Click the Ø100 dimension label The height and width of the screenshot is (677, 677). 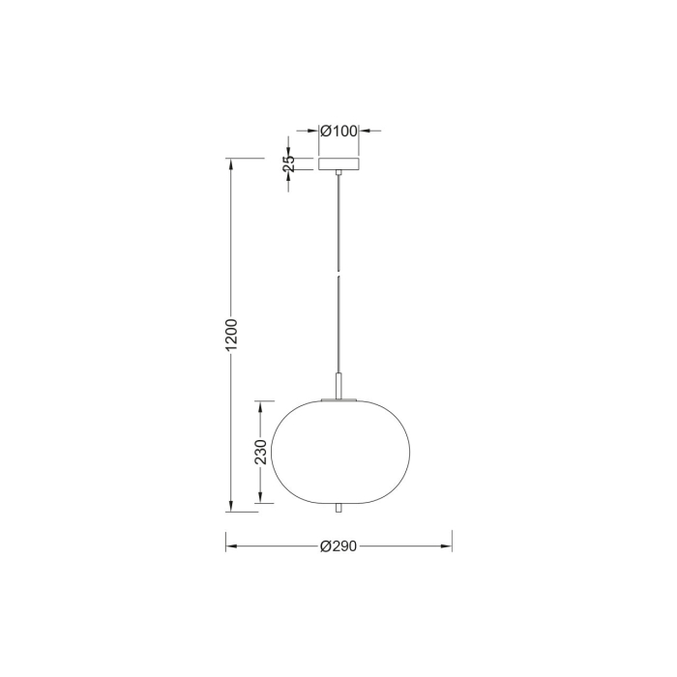[x=338, y=131]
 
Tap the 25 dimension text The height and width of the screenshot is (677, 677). [x=288, y=164]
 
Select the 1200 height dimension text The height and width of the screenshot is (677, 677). [x=231, y=335]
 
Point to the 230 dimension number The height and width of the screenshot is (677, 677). [x=260, y=451]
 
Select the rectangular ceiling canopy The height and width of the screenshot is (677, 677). [x=338, y=164]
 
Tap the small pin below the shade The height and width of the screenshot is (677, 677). [x=338, y=509]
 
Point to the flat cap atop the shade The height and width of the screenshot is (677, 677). [x=338, y=397]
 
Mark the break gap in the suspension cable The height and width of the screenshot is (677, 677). [x=338, y=274]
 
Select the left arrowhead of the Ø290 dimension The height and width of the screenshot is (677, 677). [x=230, y=546]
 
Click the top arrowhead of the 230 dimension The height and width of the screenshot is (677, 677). [x=260, y=403]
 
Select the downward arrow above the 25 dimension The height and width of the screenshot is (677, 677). [x=288, y=151]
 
